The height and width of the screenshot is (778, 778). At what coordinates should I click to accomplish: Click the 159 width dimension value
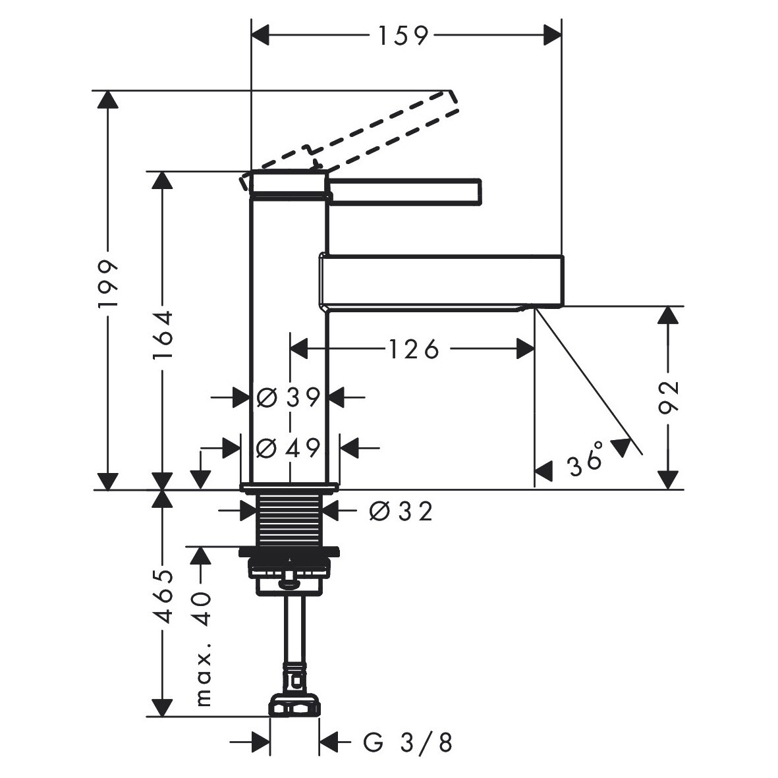[403, 36]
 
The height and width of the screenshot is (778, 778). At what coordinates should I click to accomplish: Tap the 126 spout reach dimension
[412, 349]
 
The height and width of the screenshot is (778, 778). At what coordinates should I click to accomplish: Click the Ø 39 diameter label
[289, 397]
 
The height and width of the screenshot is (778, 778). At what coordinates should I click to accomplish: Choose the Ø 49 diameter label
[289, 448]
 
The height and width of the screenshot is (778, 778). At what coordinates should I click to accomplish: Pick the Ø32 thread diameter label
[401, 511]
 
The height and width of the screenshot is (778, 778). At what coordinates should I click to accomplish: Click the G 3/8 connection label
[408, 743]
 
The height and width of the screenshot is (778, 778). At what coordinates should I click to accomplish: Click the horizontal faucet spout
[441, 280]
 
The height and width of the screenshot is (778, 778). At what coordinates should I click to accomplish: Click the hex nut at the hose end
[294, 706]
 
